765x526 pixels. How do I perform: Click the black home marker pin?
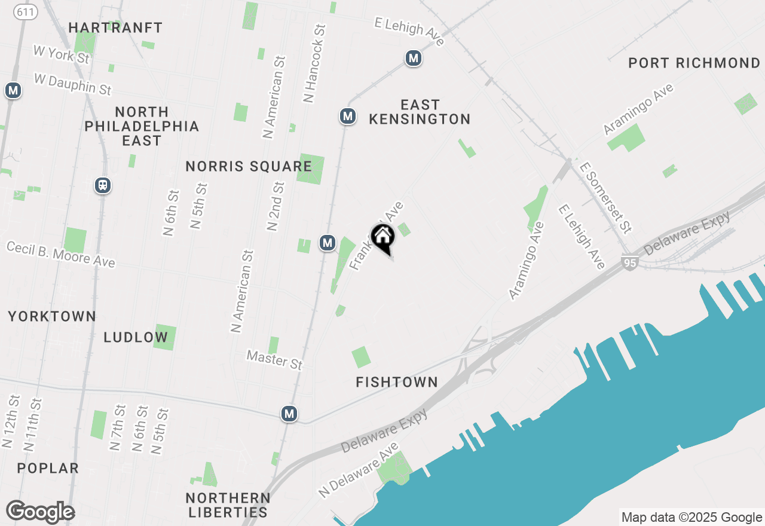pos(382,238)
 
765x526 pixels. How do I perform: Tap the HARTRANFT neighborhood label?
pos(115,27)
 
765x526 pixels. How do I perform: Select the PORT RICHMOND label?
pos(694,63)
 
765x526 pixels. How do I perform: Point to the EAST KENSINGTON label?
pos(420,112)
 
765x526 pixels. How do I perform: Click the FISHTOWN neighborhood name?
pos(397,382)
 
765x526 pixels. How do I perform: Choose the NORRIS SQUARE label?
pos(249,167)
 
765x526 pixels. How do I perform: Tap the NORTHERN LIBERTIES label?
pos(228,505)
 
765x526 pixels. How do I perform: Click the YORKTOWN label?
pos(52,317)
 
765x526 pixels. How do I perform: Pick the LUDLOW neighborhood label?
pos(136,337)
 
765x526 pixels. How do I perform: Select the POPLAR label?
pos(48,468)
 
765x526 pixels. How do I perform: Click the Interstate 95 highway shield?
pos(629,262)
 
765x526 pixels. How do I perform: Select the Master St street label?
pos(276,360)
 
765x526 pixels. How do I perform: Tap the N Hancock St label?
pos(314,63)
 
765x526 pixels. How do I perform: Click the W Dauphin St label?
pos(73,84)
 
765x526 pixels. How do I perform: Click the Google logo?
pos(40,512)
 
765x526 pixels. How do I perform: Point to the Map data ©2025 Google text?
pos(691,518)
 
